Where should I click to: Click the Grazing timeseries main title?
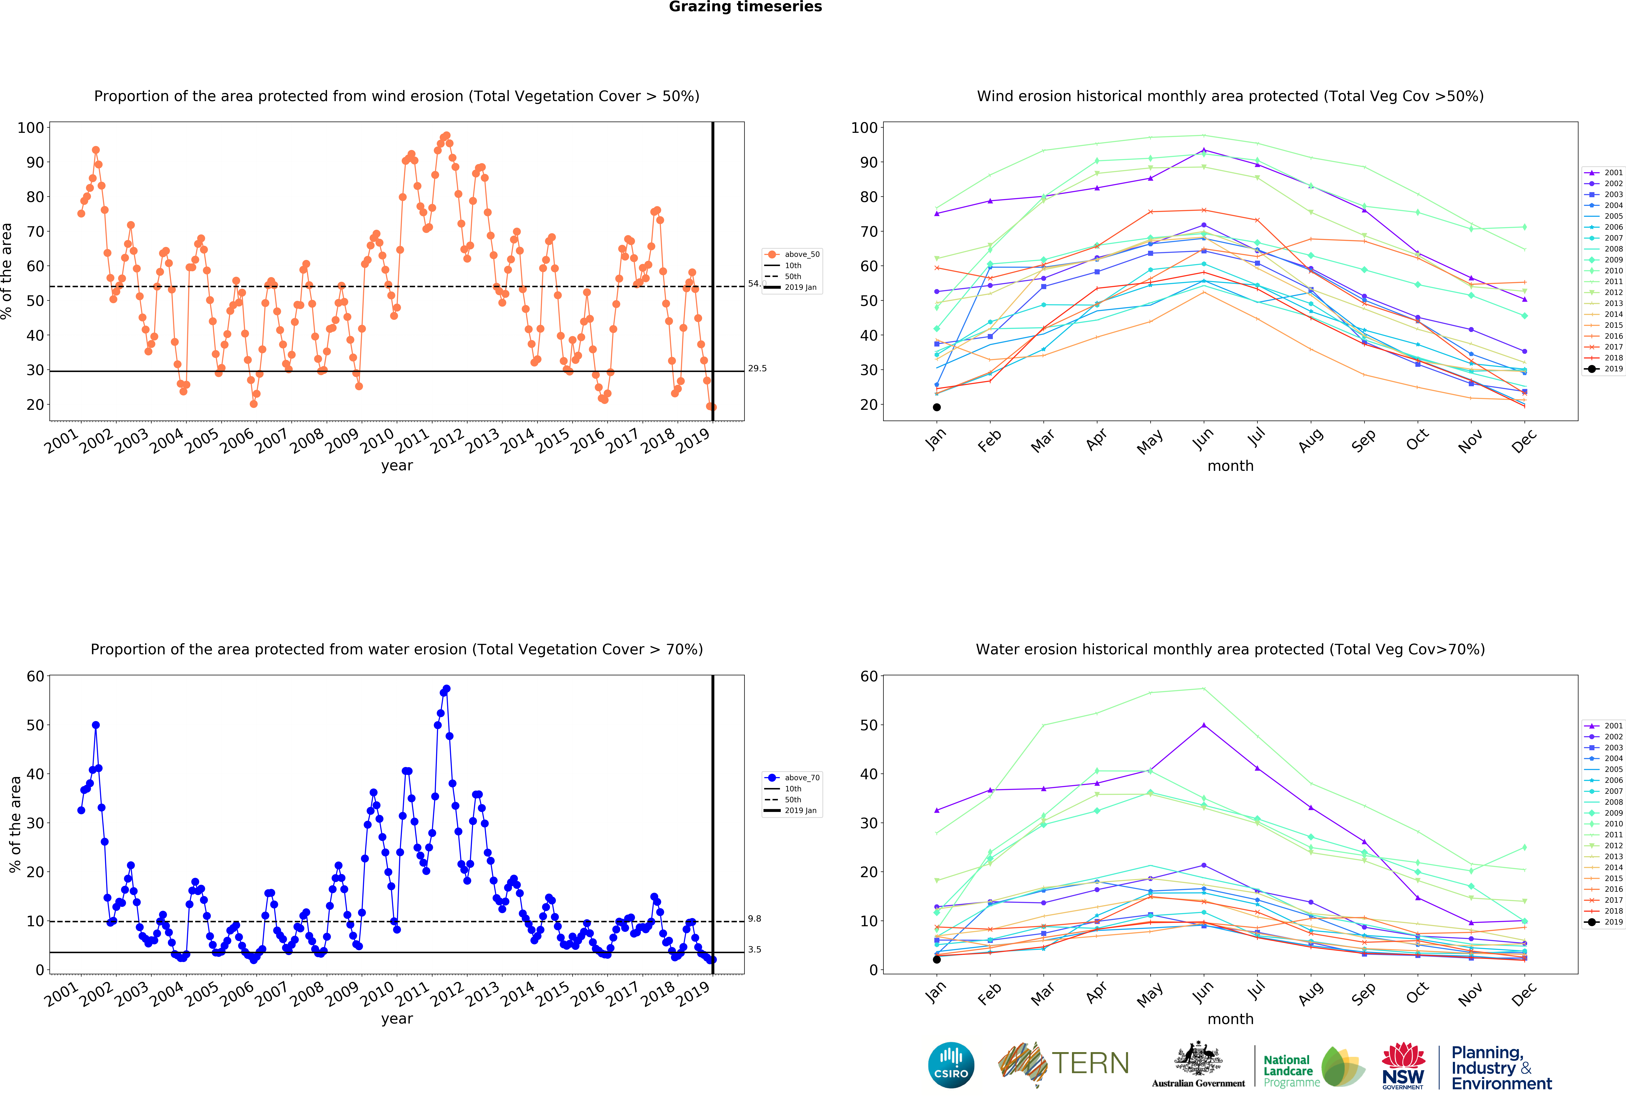[x=745, y=7]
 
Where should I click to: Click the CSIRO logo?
[x=951, y=1065]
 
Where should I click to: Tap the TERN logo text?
[x=1090, y=1063]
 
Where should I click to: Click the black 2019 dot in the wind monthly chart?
[x=937, y=407]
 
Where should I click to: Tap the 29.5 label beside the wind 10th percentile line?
[x=757, y=369]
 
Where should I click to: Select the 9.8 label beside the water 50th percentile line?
[x=754, y=919]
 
